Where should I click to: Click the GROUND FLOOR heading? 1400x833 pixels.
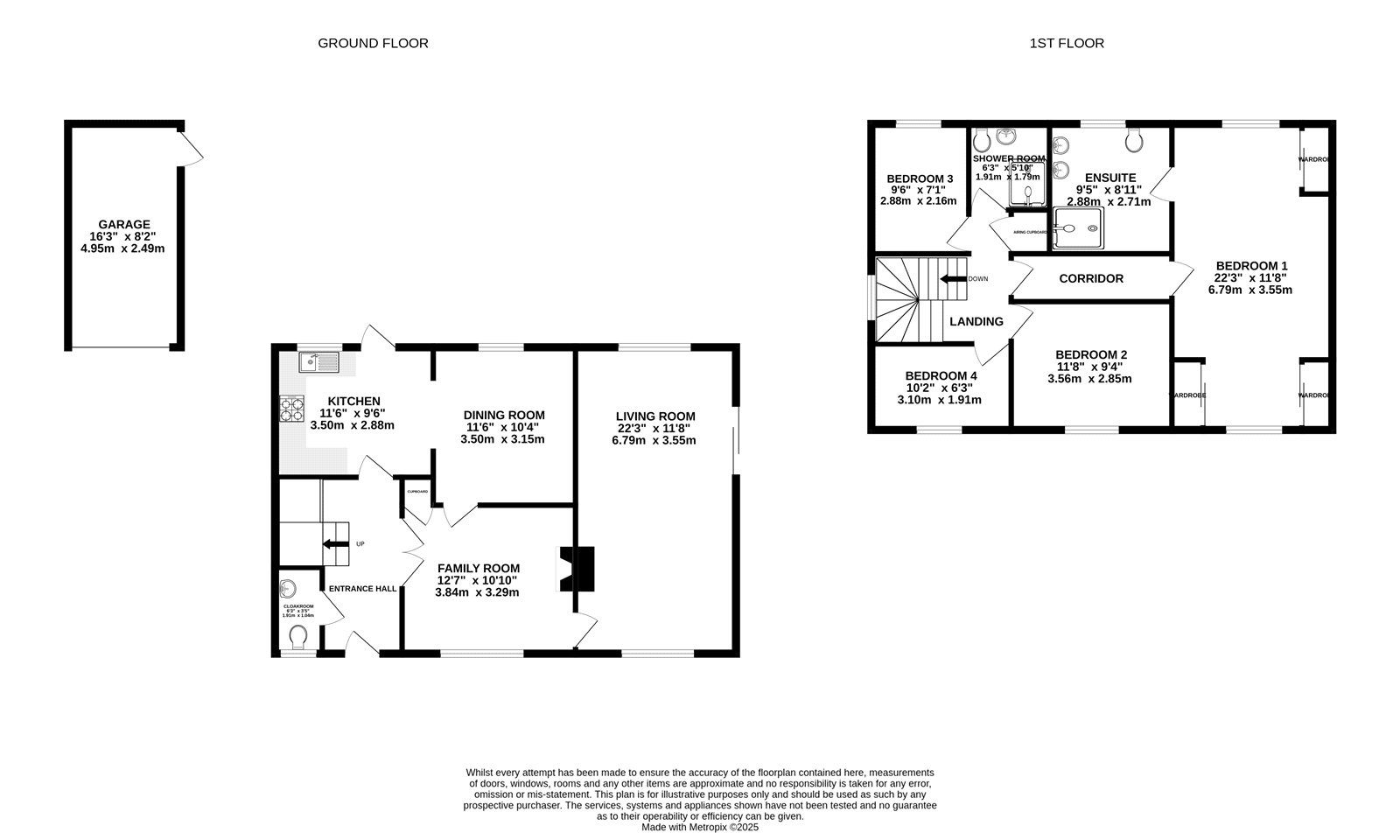pos(373,43)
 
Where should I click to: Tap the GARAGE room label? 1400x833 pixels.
pos(123,224)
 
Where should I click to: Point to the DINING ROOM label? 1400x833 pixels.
pos(503,415)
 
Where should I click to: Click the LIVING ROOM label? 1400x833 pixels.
pos(654,416)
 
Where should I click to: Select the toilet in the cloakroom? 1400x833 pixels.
pos(297,636)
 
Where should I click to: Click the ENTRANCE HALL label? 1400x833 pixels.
pos(362,589)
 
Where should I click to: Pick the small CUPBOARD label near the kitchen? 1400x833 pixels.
pos(417,492)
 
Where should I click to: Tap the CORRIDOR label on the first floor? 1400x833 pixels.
pos(1090,278)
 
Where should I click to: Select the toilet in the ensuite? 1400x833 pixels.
pos(1135,140)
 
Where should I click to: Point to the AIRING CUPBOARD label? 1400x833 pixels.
pos(1030,232)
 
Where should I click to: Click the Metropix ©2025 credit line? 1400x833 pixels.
pos(700,826)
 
